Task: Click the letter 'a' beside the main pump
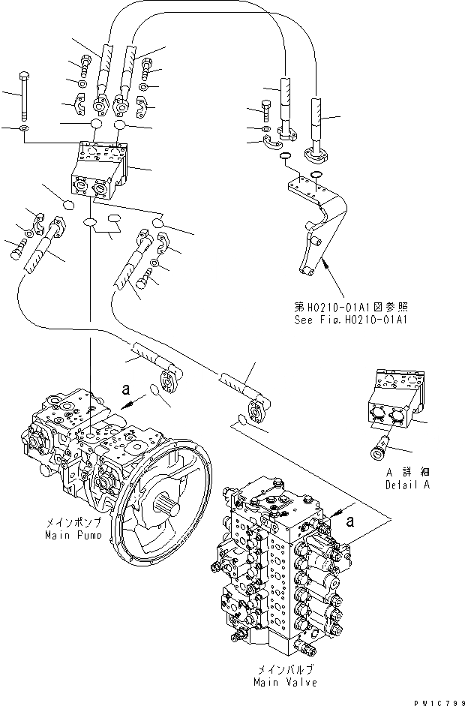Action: coord(126,389)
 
